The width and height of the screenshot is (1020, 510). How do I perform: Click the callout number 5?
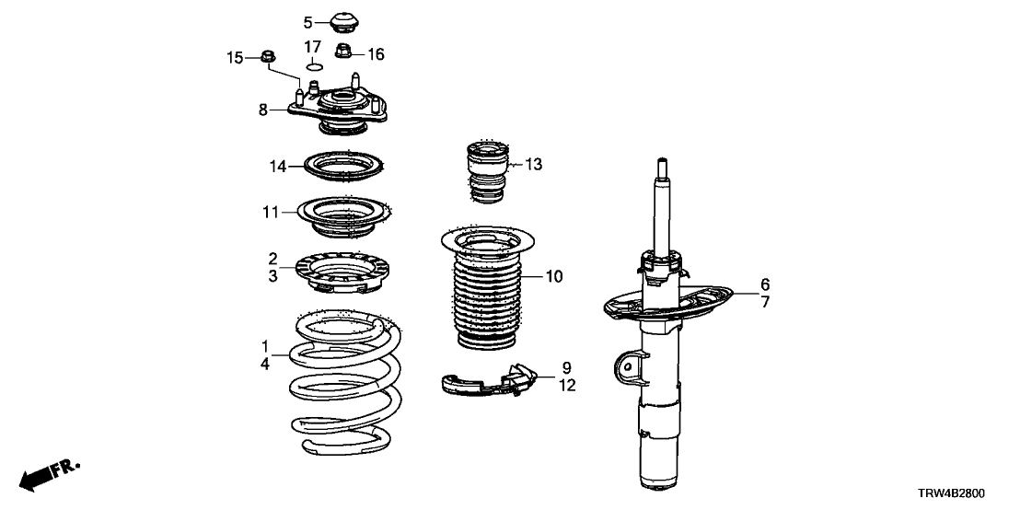pos(309,21)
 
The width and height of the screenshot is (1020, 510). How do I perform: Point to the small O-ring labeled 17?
pos(313,65)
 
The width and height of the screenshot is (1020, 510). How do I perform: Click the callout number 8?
pos(263,110)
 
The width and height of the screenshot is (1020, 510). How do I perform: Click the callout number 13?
pos(534,165)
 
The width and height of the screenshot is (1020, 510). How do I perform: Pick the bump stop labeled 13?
pos(486,170)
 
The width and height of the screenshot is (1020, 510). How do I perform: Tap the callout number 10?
pos(553,275)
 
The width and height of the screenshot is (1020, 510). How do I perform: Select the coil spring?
pos(342,387)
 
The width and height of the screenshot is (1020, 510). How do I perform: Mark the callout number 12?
pos(567,386)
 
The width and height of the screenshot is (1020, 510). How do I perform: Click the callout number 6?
pos(764,284)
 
